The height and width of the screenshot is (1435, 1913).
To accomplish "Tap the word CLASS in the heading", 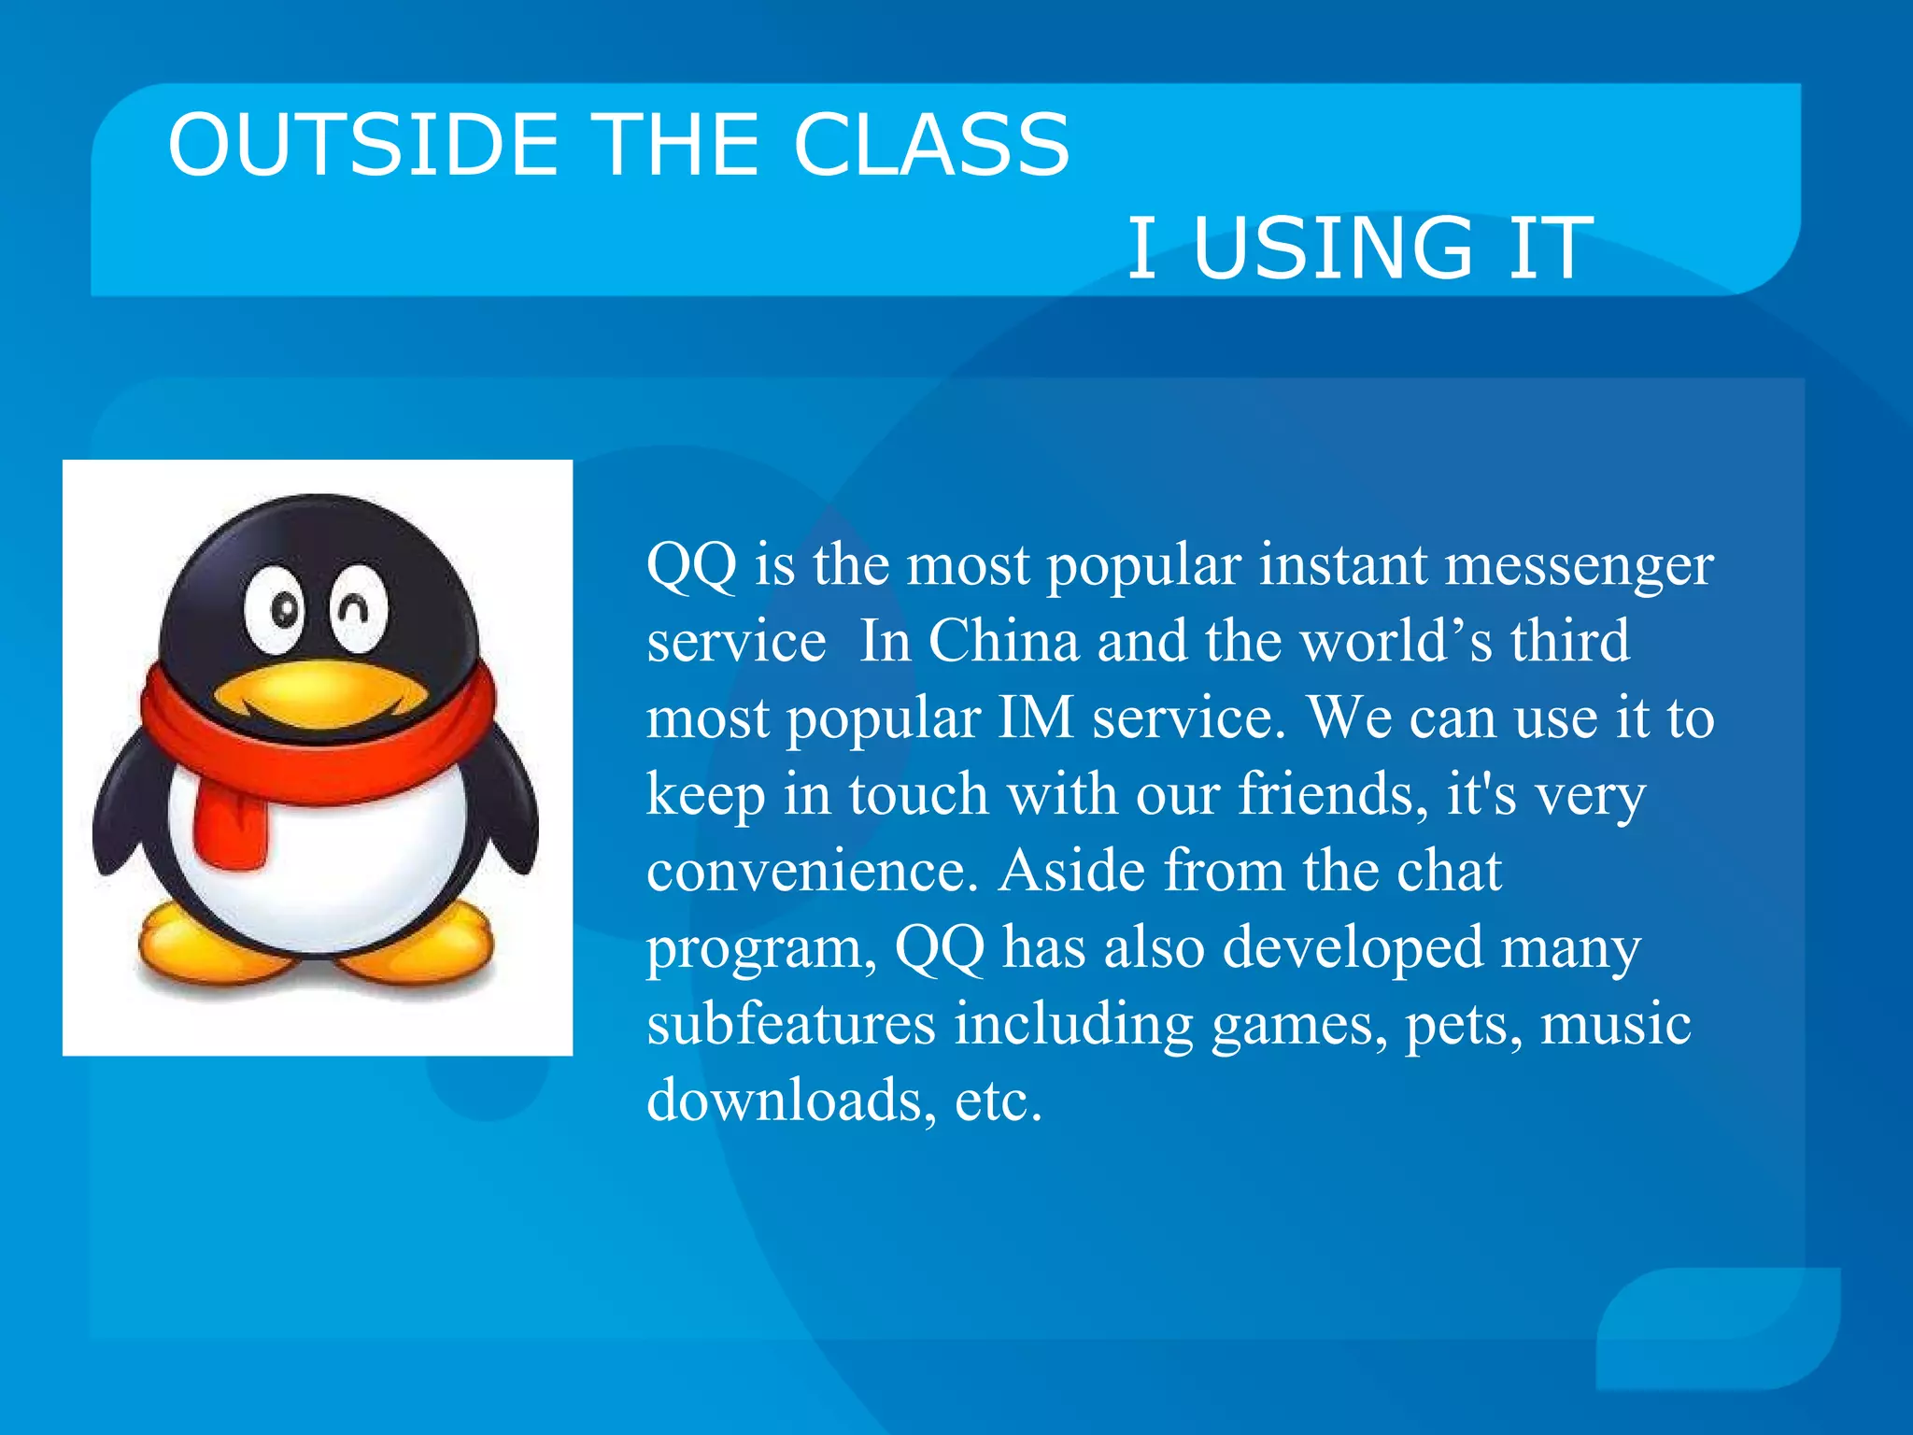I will [931, 145].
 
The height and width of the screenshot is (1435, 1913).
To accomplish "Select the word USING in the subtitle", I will [1333, 248].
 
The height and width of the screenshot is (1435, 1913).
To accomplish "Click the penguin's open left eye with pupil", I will [277, 609].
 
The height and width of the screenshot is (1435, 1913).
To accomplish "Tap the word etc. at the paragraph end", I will [998, 1101].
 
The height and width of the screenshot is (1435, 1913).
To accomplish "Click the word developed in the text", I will [1353, 947].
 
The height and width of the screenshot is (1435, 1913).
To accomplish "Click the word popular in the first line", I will [1144, 566].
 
